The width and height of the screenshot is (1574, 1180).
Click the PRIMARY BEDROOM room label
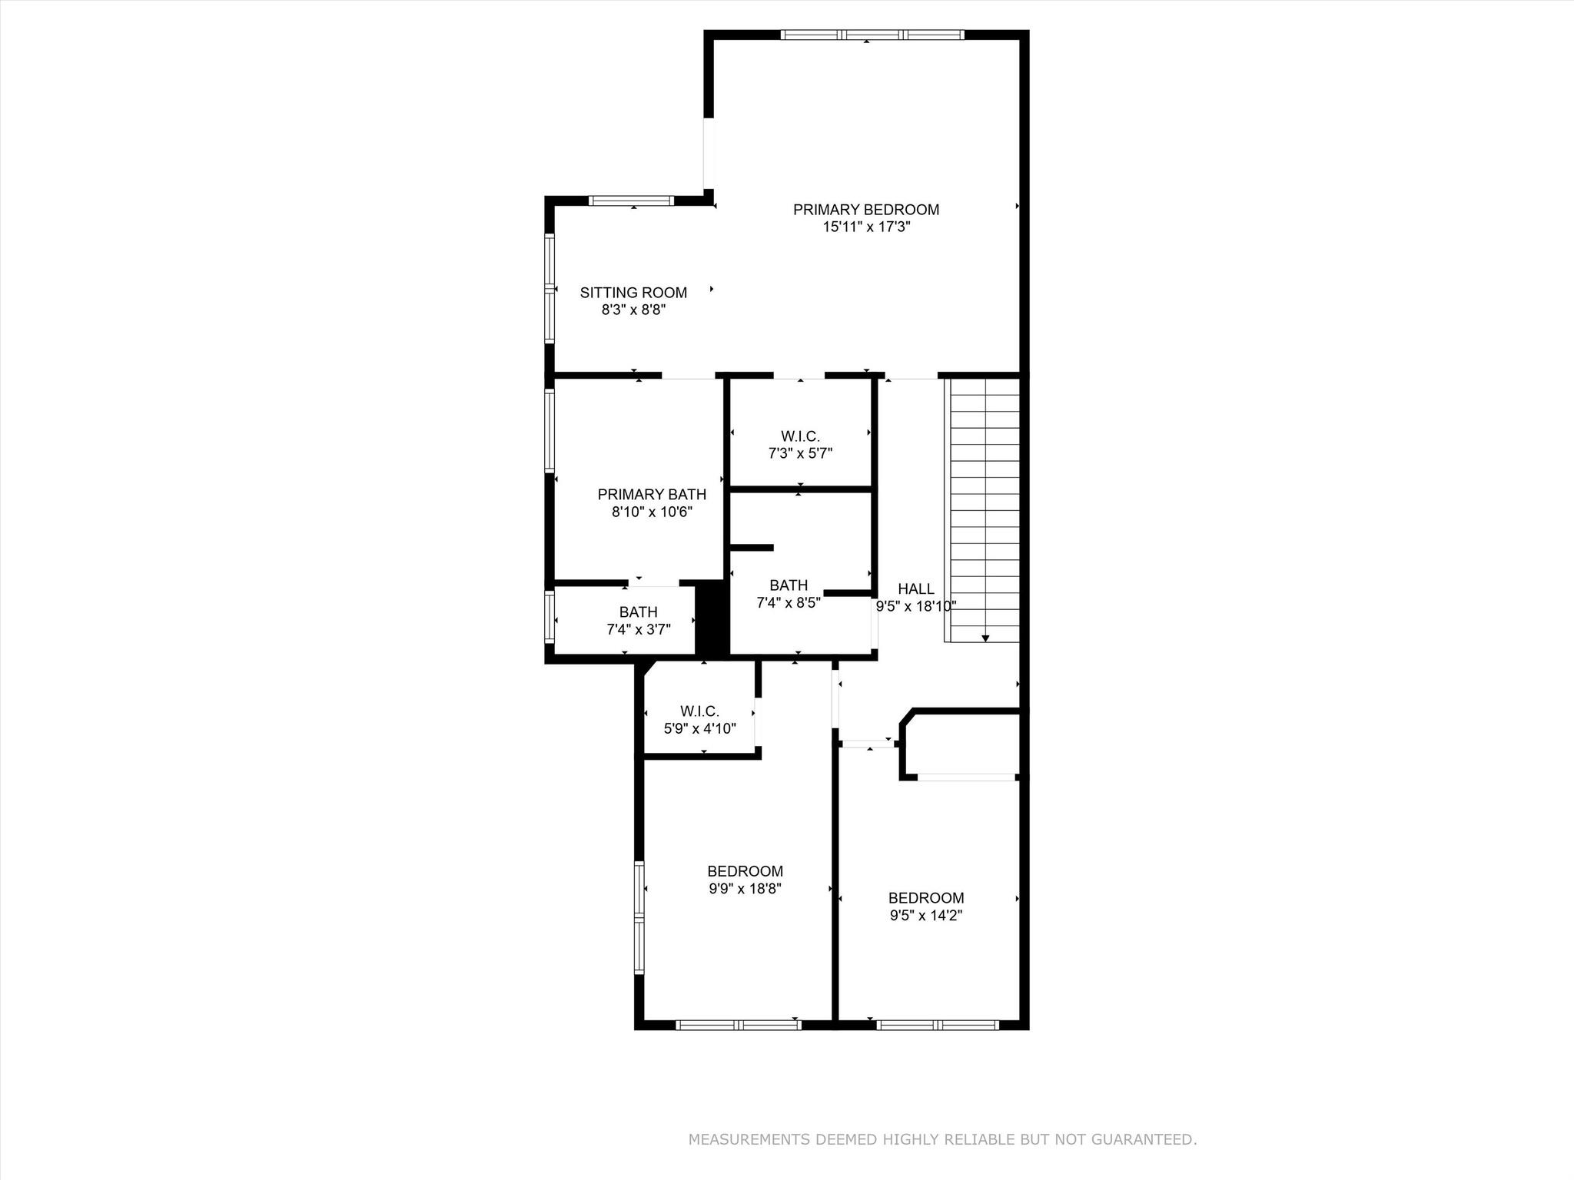[x=865, y=210]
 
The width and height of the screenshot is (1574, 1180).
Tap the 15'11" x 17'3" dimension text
[x=865, y=227]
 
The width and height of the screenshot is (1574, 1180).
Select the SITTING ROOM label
[x=633, y=293]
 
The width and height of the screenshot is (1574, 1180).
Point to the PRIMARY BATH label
[x=652, y=495]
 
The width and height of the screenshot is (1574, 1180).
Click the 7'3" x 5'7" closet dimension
[x=800, y=454]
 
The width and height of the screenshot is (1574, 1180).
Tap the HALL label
[x=916, y=589]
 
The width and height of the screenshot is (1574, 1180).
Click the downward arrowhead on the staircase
[x=985, y=638]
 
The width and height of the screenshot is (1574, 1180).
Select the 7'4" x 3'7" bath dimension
[x=638, y=630]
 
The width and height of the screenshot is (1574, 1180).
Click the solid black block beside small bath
[x=711, y=618]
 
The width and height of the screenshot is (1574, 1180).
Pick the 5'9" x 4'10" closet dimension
[x=699, y=728]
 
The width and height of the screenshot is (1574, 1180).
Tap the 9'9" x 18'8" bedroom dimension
[x=745, y=889]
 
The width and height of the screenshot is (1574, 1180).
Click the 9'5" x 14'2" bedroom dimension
[x=926, y=916]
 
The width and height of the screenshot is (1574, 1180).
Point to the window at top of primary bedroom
[x=872, y=35]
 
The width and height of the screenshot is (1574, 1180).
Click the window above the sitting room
[x=631, y=201]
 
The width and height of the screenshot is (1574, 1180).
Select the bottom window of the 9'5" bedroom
[x=938, y=1025]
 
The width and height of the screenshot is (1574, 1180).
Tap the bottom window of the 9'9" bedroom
[x=739, y=1025]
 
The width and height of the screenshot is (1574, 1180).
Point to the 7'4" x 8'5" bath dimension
[x=789, y=604]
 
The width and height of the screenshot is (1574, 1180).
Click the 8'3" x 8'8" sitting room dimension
[x=633, y=310]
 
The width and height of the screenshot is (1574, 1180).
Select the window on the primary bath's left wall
[x=550, y=431]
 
